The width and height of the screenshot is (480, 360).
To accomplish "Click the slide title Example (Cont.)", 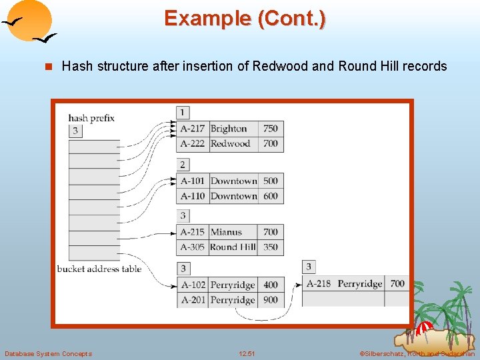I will point(245,18).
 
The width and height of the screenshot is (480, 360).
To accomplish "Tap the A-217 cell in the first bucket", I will point(193,129).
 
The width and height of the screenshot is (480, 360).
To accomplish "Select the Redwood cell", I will point(230,144).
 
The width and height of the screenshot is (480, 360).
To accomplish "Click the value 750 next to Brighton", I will point(270,129).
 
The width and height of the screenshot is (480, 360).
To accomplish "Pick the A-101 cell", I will point(193,181).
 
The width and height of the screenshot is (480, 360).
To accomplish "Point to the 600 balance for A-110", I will point(270,196).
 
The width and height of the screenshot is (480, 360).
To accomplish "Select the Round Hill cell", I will point(233,247).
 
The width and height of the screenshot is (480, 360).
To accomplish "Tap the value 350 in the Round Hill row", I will point(270,247).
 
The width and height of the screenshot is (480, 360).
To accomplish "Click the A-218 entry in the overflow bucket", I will point(319,283).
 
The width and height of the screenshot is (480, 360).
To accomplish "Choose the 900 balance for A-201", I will point(270,300).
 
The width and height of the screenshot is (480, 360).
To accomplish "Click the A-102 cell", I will point(193,285).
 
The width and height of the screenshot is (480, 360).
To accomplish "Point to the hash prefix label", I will point(91,118).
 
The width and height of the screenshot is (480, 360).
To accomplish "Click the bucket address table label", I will point(99,269).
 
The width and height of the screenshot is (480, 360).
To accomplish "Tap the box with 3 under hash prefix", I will point(75,131).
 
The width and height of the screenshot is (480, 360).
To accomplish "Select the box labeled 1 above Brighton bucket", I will point(183,112).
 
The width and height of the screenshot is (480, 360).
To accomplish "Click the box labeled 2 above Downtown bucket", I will point(183,164).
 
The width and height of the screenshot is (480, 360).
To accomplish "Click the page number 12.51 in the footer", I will point(247,353).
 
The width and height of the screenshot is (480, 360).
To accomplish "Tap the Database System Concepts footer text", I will point(48,353).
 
